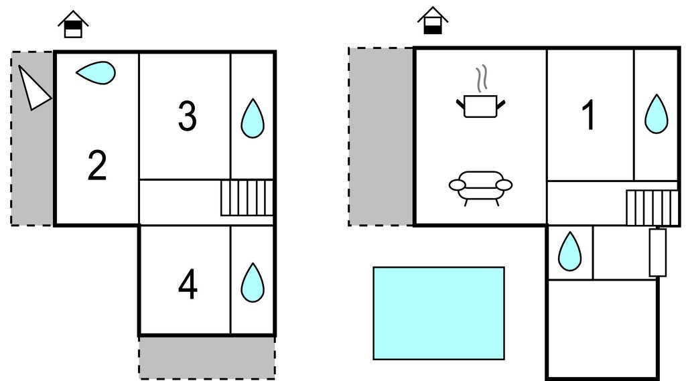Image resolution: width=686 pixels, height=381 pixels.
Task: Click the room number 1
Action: tap(590, 115)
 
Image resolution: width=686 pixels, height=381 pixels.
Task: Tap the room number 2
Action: tap(97, 165)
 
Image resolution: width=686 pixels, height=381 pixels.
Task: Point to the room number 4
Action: tap(188, 285)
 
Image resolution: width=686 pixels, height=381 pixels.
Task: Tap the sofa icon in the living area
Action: tap(480, 188)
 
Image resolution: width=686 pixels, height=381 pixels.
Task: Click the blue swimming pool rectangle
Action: tap(439, 313)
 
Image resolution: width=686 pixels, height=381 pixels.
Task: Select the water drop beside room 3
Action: tap(253, 119)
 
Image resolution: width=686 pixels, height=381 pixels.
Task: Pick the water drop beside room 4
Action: tap(253, 283)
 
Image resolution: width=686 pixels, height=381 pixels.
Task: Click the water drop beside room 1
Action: tap(657, 114)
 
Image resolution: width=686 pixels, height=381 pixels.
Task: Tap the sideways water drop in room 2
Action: tap(96, 72)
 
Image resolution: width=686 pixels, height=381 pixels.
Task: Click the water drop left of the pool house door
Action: tap(569, 252)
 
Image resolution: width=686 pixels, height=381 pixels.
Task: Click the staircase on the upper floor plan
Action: tap(247, 198)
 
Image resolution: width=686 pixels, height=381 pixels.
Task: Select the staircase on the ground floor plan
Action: tap(653, 208)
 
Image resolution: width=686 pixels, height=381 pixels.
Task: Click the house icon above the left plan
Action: tap(73, 25)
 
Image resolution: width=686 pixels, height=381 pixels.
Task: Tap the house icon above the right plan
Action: tap(433, 21)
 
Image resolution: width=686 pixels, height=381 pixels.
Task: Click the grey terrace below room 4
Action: tap(207, 358)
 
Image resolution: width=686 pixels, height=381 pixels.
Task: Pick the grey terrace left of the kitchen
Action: tap(381, 137)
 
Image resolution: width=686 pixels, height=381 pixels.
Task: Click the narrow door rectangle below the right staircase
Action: tap(658, 252)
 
